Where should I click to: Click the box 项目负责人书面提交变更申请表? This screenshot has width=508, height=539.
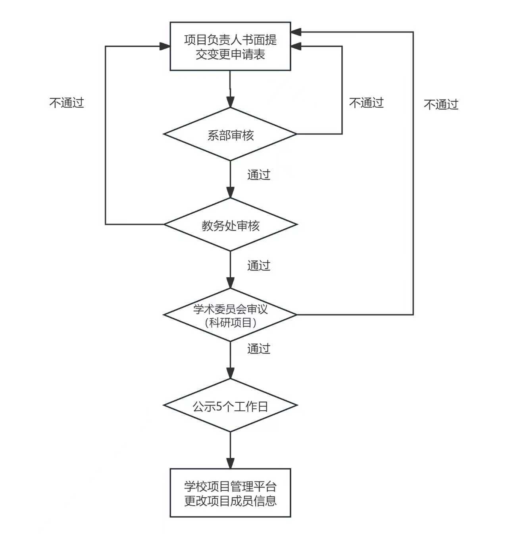coord(230,46)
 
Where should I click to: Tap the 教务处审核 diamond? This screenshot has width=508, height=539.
coord(230,225)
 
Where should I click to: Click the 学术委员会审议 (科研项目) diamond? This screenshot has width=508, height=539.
coord(230,315)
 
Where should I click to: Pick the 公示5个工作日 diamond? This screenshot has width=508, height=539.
coord(230,406)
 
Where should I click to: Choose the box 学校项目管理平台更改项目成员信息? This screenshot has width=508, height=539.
coord(230,493)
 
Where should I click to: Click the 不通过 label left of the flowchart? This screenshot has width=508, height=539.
coord(67,103)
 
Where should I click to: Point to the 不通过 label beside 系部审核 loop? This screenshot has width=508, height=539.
coord(366,103)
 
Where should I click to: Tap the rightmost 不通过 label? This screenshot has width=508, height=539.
coord(441,104)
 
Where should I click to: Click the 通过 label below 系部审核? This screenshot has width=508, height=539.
coord(259,175)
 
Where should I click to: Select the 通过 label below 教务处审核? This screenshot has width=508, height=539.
coord(259,265)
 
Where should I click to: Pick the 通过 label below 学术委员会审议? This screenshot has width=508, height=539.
coord(259,349)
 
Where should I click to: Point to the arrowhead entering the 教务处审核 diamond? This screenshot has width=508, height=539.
coord(230,193)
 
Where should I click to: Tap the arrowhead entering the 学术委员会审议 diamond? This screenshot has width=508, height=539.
coord(230,283)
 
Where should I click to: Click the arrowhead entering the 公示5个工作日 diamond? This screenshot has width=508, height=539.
coord(230,373)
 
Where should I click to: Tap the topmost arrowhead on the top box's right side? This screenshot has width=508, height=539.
coord(296,32)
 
